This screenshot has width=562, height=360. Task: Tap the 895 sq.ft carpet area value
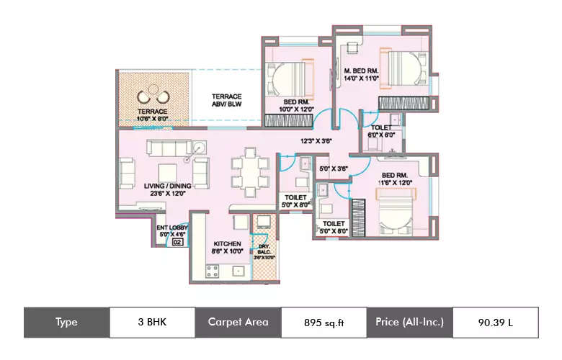324,323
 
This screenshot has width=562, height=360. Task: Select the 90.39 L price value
495,323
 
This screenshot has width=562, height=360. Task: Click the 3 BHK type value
151,323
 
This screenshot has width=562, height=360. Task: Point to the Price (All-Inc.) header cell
409,323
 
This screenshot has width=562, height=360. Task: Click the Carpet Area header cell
238,323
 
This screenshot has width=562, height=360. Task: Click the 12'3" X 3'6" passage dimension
315,141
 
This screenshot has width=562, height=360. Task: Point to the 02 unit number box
177,243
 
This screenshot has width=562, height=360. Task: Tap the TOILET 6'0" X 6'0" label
381,130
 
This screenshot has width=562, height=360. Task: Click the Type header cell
66,323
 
